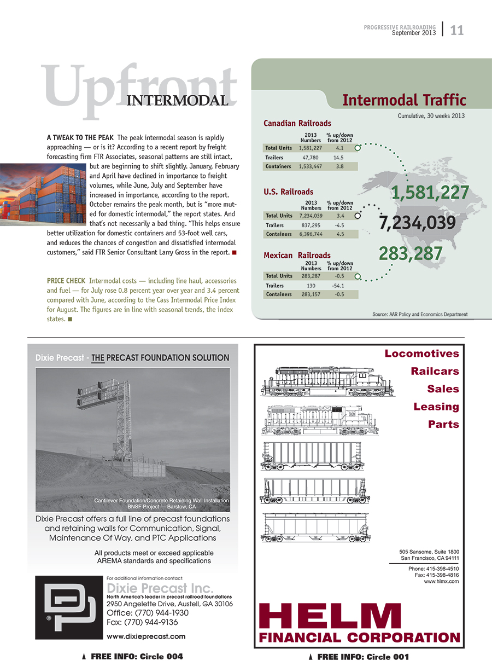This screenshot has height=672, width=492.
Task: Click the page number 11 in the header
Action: [457, 31]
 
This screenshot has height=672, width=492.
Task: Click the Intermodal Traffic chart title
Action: [404, 100]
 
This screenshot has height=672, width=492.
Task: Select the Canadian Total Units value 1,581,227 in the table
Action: [311, 148]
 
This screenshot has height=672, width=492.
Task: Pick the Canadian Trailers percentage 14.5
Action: [339, 157]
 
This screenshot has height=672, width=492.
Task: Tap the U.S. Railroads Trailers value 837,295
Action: [311, 225]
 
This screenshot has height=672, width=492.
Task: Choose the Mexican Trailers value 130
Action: [311, 286]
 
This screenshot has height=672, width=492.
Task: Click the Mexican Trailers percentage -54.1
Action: [339, 286]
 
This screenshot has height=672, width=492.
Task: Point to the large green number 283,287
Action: [411, 253]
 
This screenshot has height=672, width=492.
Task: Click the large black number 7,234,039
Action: [417, 223]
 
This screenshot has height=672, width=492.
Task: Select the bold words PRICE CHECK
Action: [66, 281]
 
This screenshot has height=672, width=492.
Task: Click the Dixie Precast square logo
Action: [66, 607]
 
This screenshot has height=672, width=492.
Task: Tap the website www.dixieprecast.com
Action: [146, 636]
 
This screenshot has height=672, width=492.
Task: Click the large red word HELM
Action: [330, 616]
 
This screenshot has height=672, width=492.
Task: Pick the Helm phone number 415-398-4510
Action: [434, 569]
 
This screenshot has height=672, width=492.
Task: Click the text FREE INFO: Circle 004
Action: [137, 657]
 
